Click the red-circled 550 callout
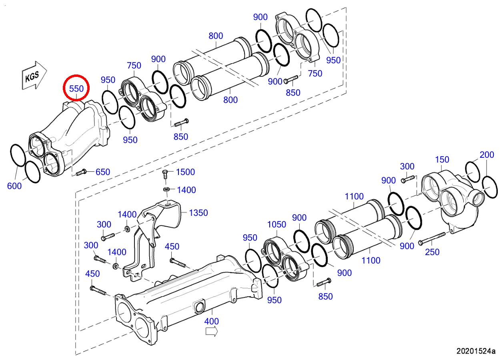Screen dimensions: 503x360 point(76,89)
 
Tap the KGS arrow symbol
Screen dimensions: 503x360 point(34,75)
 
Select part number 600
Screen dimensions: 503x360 point(14,186)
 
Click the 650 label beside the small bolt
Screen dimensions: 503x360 point(103,172)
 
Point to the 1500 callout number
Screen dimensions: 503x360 point(186,172)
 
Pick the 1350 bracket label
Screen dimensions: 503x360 point(198,213)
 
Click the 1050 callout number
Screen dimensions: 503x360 point(277,225)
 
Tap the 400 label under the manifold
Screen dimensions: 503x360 point(212,321)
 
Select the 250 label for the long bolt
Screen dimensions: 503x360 point(432,252)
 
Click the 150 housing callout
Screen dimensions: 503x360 point(442,160)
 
